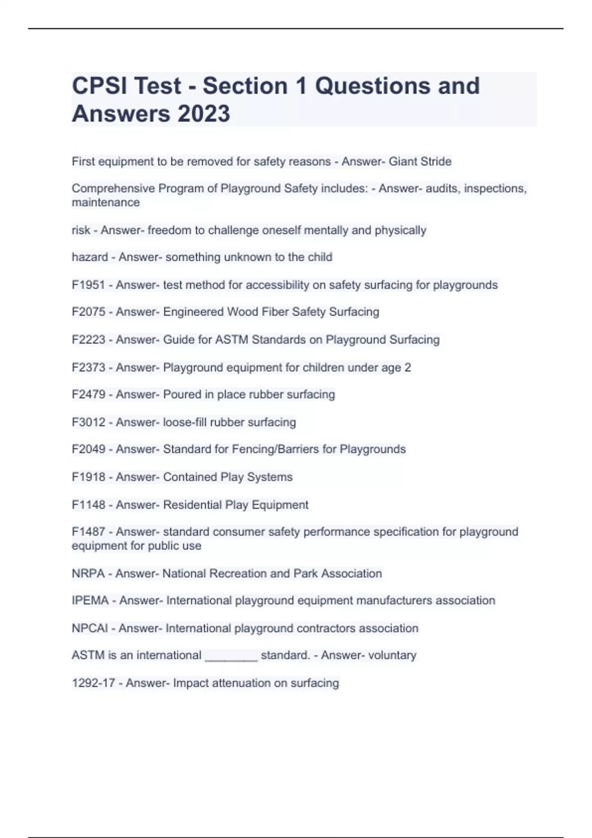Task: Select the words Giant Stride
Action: (420, 162)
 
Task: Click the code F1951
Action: (88, 285)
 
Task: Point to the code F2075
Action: (88, 312)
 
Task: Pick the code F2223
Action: (88, 340)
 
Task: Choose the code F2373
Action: (88, 367)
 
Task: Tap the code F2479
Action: (88, 394)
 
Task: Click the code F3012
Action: (88, 422)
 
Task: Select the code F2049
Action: (88, 449)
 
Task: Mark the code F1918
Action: (88, 477)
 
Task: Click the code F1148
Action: (88, 505)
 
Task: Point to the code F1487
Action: (88, 532)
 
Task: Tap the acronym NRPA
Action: (88, 573)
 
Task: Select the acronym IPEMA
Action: (90, 600)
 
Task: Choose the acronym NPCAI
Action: (90, 628)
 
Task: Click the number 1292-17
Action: (93, 683)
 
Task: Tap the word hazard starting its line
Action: (90, 257)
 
